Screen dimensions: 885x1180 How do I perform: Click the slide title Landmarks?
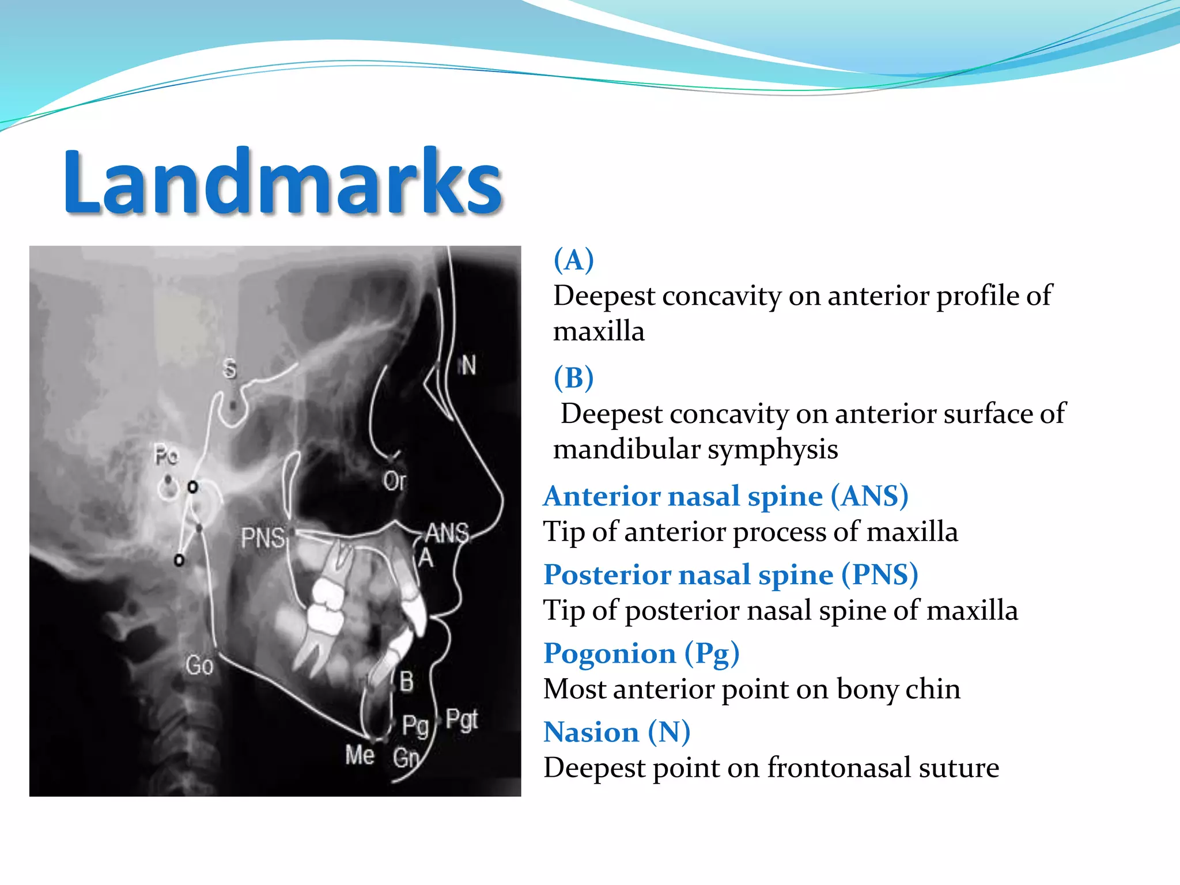tap(282, 181)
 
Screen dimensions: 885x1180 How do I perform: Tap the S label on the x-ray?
tap(230, 369)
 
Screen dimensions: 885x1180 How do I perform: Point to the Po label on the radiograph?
tap(167, 456)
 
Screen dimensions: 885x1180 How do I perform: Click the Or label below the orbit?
tap(395, 481)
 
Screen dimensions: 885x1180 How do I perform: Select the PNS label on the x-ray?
tap(263, 538)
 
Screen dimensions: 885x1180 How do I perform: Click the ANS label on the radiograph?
tap(447, 534)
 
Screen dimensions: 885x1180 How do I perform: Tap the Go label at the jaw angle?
tap(199, 665)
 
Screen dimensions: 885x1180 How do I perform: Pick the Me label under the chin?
tap(360, 755)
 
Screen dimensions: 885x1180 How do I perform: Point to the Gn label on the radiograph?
tap(406, 757)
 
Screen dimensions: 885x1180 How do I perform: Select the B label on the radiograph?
tap(406, 682)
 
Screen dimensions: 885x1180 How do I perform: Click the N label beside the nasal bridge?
tap(468, 365)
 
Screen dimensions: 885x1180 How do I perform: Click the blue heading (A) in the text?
tap(573, 260)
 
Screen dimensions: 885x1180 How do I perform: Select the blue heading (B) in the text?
tap(573, 378)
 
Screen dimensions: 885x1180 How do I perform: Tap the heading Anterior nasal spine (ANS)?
tap(725, 496)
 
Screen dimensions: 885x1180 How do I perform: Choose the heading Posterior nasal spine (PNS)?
tap(731, 574)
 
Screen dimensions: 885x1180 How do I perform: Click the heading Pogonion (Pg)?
tap(641, 653)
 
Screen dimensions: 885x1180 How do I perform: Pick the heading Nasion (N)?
tap(617, 732)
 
